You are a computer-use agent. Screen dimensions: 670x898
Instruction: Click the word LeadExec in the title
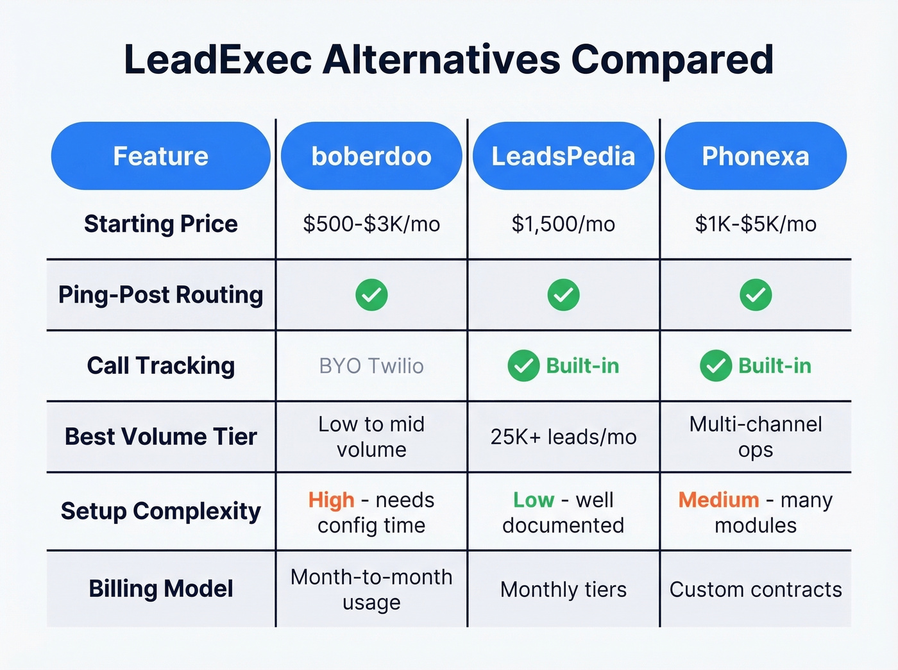pyautogui.click(x=217, y=60)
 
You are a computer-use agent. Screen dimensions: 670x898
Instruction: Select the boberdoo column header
pyautogui.click(x=371, y=156)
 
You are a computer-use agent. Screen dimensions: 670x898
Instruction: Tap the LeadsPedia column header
pyautogui.click(x=563, y=156)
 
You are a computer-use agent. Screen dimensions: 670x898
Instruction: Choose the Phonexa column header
pyautogui.click(x=756, y=156)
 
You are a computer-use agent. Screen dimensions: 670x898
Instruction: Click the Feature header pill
pyautogui.click(x=160, y=156)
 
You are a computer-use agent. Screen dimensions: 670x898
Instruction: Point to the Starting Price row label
pyautogui.click(x=160, y=224)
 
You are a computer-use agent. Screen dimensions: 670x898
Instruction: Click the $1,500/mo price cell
pyautogui.click(x=563, y=224)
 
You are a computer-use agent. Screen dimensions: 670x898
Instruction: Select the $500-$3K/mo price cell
pyautogui.click(x=371, y=224)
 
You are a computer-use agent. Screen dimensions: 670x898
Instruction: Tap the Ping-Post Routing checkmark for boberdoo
pyautogui.click(x=371, y=295)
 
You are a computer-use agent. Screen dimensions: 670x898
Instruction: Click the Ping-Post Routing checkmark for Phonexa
pyautogui.click(x=756, y=295)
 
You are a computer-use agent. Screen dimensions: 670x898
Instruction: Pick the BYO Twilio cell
pyautogui.click(x=371, y=366)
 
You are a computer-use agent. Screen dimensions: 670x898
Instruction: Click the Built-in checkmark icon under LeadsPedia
pyautogui.click(x=523, y=366)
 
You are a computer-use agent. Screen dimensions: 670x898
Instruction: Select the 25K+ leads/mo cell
pyautogui.click(x=563, y=437)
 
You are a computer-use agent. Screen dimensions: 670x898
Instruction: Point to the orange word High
pyautogui.click(x=331, y=499)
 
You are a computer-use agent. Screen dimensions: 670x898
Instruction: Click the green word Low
pyautogui.click(x=533, y=499)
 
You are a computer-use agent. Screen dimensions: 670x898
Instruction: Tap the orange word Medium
pyautogui.click(x=718, y=499)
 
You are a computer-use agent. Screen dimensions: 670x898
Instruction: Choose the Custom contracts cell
pyautogui.click(x=756, y=589)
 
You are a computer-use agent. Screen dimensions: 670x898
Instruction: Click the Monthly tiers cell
pyautogui.click(x=563, y=589)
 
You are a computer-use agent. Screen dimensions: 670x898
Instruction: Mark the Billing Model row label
pyautogui.click(x=160, y=589)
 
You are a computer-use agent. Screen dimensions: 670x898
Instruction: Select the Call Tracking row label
pyautogui.click(x=160, y=365)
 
